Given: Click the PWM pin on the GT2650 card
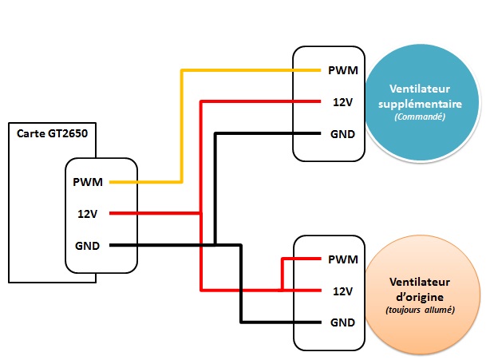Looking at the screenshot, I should (x=87, y=182).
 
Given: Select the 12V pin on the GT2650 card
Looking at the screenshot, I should (x=87, y=213).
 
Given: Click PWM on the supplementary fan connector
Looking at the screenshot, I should (x=342, y=70).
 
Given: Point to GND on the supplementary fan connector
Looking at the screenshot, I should (x=342, y=133).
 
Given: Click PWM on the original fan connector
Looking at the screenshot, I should (x=342, y=259).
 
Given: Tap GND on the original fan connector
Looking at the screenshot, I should (x=342, y=322).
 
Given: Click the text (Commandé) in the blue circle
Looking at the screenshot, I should (x=420, y=117).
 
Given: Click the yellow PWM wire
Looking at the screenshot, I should (x=182, y=120).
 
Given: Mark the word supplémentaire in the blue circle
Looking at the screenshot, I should (x=420, y=104).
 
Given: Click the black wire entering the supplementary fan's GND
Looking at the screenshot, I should (x=255, y=133).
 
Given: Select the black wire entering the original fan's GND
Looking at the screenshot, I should (x=271, y=322).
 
